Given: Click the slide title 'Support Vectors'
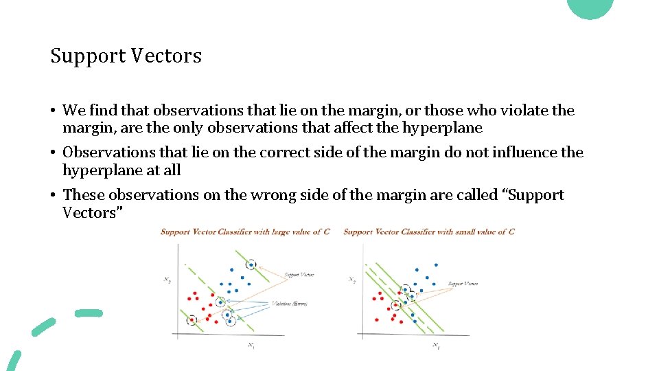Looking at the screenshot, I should click(126, 56).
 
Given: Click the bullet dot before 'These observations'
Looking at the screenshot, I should click(53, 196).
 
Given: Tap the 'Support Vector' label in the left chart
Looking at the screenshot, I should click(299, 275).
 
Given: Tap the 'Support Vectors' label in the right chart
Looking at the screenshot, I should click(463, 284).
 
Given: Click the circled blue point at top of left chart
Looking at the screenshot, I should click(252, 265).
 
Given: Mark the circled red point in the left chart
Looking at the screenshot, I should click(192, 319).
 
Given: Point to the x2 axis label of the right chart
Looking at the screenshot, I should click(351, 280).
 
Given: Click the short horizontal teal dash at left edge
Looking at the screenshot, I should click(88, 313).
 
